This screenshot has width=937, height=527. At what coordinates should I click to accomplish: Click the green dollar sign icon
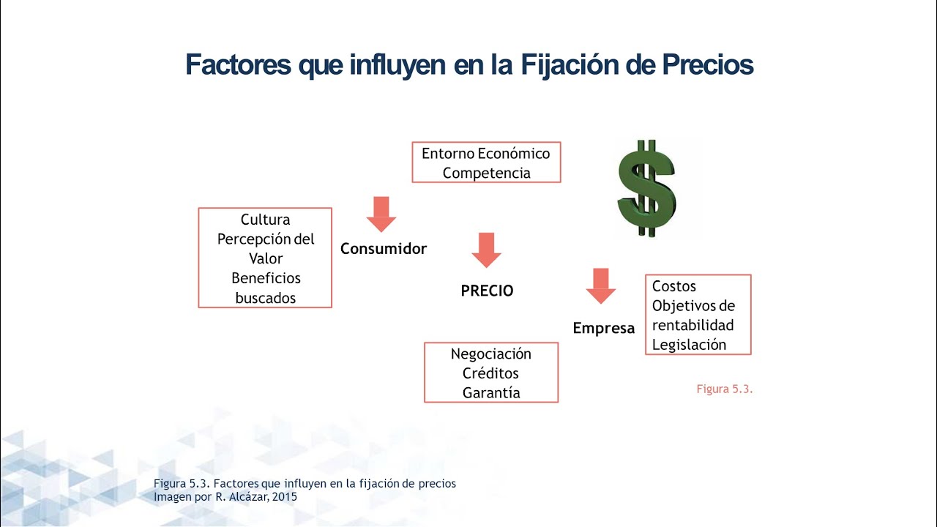(x=646, y=188)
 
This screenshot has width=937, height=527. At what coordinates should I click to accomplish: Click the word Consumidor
(x=384, y=249)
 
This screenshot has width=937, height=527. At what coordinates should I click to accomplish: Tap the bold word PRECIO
(x=487, y=291)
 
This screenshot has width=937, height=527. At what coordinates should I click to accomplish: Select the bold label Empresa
(x=604, y=329)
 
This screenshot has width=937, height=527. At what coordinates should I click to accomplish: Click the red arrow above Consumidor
(x=381, y=214)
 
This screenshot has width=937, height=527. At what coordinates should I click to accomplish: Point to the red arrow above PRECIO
(x=487, y=250)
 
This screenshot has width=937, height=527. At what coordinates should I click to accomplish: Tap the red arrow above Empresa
(x=601, y=286)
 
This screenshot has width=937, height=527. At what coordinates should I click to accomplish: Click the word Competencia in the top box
(x=487, y=173)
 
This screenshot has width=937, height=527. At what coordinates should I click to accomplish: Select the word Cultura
(x=265, y=220)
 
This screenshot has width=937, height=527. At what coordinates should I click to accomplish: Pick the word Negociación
(x=491, y=354)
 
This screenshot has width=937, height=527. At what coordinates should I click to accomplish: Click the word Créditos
(x=490, y=373)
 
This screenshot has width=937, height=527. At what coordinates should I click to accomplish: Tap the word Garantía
(x=491, y=393)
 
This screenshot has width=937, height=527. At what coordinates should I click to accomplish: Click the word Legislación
(x=689, y=345)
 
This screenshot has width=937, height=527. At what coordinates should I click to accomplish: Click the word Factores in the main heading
(x=238, y=65)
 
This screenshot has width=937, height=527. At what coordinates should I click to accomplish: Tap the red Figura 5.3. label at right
(x=725, y=389)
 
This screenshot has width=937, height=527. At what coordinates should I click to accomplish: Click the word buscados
(x=266, y=298)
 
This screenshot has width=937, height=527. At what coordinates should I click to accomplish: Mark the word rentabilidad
(x=693, y=326)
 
